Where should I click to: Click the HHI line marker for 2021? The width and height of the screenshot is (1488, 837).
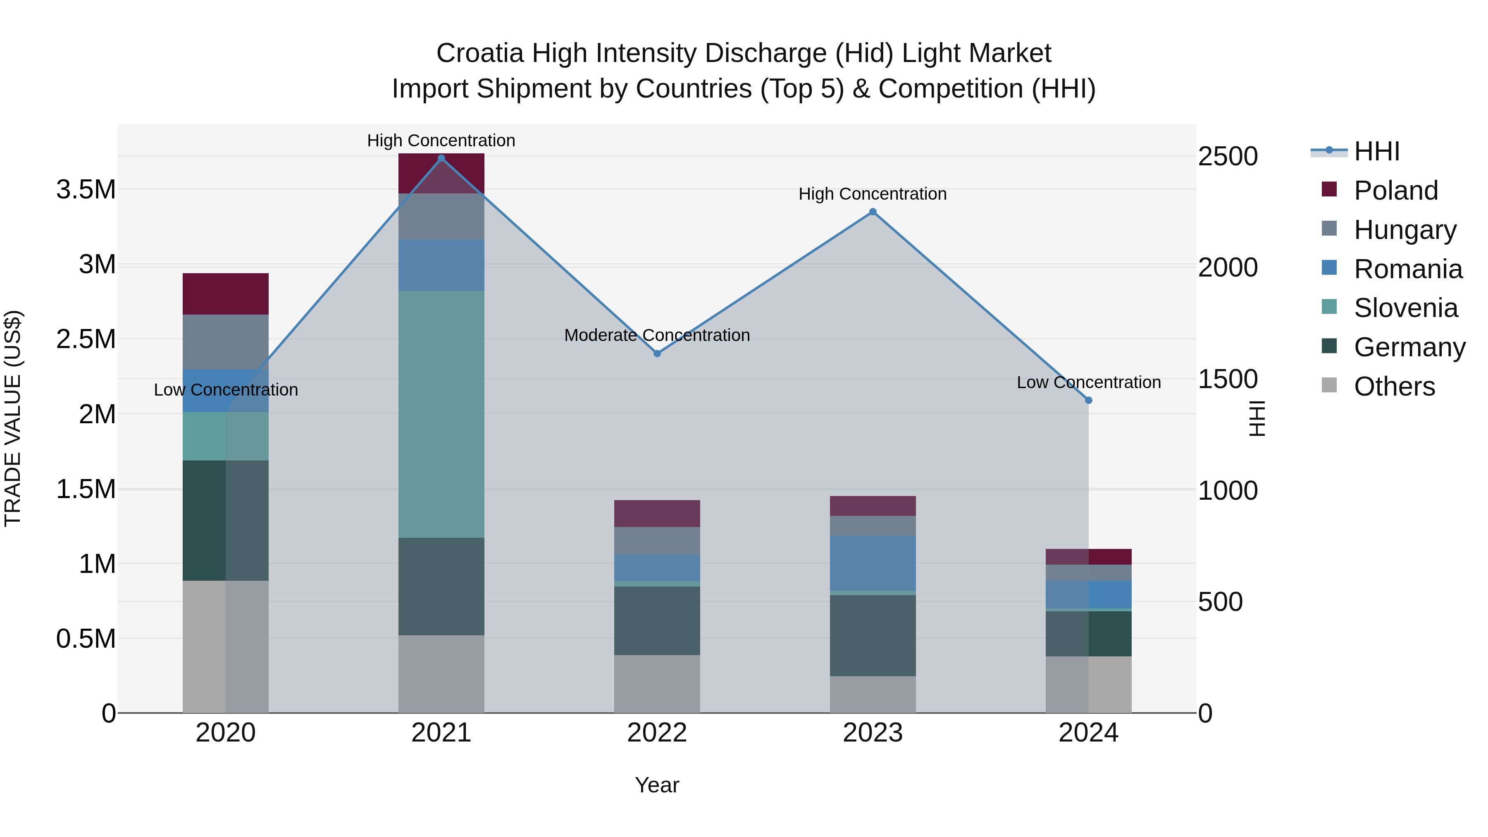pyautogui.click(x=441, y=158)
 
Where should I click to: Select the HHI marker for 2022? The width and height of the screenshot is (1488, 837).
pyautogui.click(x=657, y=353)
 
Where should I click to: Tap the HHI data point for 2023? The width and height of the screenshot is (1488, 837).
pyautogui.click(x=873, y=212)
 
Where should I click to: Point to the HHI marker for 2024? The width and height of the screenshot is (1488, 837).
pyautogui.click(x=1088, y=400)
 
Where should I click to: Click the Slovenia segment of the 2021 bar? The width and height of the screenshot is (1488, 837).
pyautogui.click(x=441, y=414)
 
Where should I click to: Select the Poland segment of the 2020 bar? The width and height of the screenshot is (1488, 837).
pyautogui.click(x=225, y=294)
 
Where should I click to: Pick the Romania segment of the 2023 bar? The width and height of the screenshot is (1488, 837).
pyautogui.click(x=873, y=563)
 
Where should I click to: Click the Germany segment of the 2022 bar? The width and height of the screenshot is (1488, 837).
pyautogui.click(x=657, y=620)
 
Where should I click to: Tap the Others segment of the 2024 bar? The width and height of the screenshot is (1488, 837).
pyautogui.click(x=1088, y=684)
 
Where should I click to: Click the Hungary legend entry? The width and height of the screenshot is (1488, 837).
pyautogui.click(x=1404, y=229)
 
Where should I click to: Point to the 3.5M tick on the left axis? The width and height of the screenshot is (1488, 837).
pyautogui.click(x=86, y=189)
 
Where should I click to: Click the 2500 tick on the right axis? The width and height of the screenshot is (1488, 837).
pyautogui.click(x=1228, y=157)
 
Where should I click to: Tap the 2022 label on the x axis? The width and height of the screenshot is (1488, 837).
pyautogui.click(x=657, y=733)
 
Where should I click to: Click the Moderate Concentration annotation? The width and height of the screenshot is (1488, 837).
pyautogui.click(x=657, y=335)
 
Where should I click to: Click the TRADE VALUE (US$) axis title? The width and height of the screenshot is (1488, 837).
pyautogui.click(x=13, y=418)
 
